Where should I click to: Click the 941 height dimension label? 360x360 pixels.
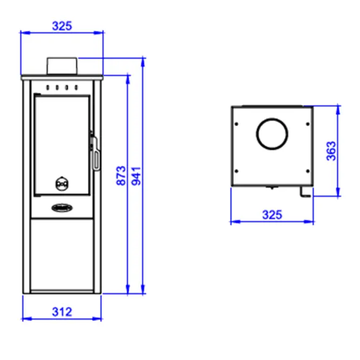click(136, 176)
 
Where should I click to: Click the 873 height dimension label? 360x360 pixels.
click(121, 175)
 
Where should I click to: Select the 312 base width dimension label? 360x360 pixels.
click(62, 312)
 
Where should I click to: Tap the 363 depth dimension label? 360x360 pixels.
click(331, 151)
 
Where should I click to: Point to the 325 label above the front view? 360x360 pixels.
click(62, 26)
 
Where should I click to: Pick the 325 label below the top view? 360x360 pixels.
click(272, 215)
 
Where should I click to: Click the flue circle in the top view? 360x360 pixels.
click(272, 120)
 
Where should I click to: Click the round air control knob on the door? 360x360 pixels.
click(62, 184)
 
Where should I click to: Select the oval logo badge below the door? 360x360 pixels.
click(62, 208)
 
